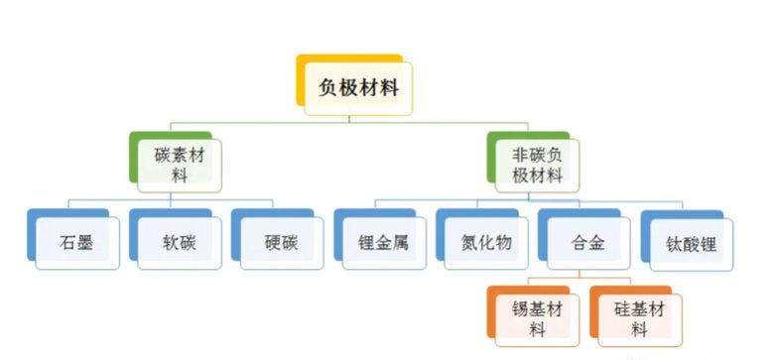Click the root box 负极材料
coord(358,87)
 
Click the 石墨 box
coord(77,241)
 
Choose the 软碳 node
coord(180,241)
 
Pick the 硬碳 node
coord(281,241)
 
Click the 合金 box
coord(586,241)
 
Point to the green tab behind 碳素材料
coord(134,159)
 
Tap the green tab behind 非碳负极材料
coord(492,159)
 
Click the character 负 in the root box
coord(328,87)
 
